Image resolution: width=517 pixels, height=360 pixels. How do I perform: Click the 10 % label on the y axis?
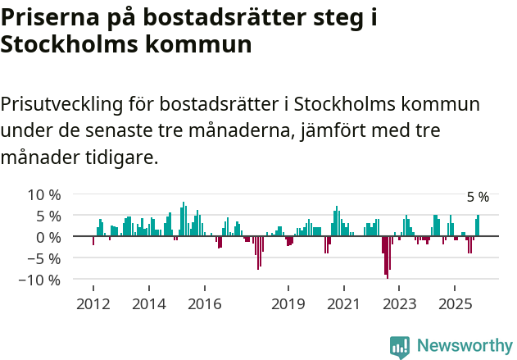coord(44,195)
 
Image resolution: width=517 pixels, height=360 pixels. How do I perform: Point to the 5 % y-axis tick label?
coord(48,216)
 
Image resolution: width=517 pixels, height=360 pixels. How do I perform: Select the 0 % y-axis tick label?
coord(48,237)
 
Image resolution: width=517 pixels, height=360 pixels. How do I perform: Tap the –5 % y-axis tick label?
coord(44,258)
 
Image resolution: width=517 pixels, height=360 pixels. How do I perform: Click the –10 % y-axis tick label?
coord(40,280)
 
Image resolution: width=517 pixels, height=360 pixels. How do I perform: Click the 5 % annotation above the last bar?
coord(478,198)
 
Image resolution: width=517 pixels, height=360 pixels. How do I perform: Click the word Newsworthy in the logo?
coord(464,346)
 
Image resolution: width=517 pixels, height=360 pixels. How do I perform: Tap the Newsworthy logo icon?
coord(400,347)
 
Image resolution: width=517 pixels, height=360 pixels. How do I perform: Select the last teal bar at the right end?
coord(478,226)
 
